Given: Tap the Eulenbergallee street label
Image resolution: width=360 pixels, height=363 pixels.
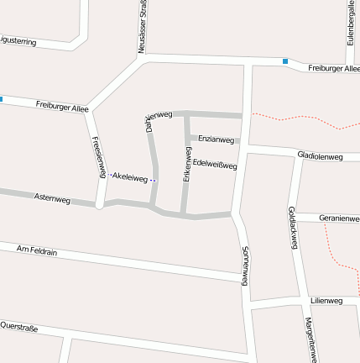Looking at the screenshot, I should (x=351, y=24).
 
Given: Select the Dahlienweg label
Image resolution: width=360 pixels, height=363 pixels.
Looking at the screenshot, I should (x=159, y=119).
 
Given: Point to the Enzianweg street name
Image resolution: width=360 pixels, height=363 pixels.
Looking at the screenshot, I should (x=217, y=139).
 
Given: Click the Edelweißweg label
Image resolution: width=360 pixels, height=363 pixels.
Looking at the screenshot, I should (x=215, y=165).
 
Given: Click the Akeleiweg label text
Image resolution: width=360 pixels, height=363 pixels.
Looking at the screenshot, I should (x=130, y=178).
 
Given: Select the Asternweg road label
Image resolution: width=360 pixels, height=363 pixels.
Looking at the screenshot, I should (x=52, y=199).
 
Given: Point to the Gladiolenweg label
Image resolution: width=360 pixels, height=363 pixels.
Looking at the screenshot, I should (x=320, y=157).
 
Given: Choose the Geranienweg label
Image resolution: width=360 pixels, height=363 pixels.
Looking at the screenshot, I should (x=339, y=218).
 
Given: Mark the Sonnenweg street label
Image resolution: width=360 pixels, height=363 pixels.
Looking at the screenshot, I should (x=244, y=266).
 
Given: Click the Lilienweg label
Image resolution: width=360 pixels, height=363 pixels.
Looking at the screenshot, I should (x=326, y=300).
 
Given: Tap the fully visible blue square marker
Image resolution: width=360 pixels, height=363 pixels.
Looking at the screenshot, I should (x=285, y=61).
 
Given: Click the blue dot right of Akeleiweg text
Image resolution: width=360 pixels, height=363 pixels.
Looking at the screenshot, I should (x=154, y=180).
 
